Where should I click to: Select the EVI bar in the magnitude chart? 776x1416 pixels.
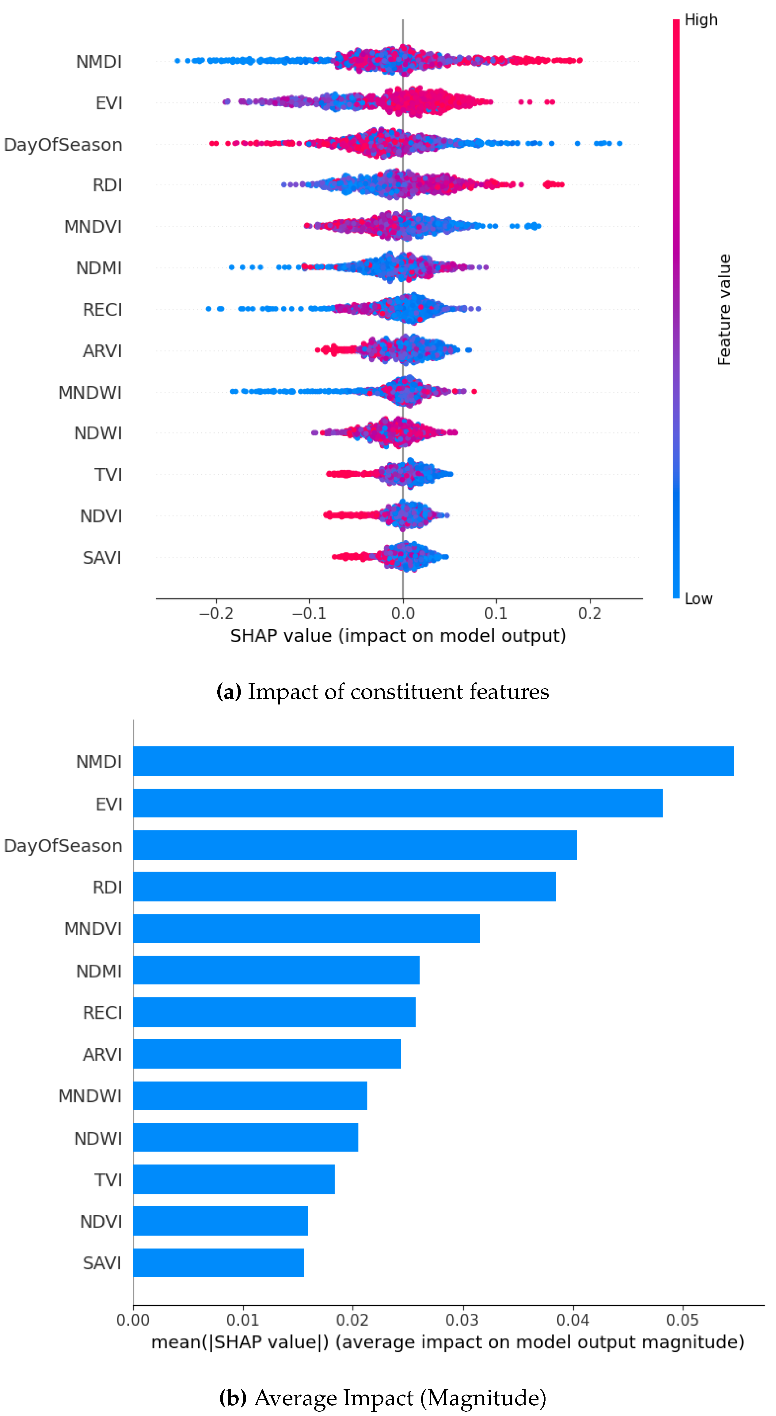click(397, 803)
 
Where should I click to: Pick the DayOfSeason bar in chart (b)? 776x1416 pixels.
click(355, 845)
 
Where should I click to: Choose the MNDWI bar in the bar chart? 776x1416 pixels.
click(250, 1095)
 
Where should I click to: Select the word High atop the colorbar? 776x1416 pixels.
click(701, 20)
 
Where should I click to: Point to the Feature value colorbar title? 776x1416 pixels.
click(724, 309)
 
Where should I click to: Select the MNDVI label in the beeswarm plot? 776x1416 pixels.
click(93, 226)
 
